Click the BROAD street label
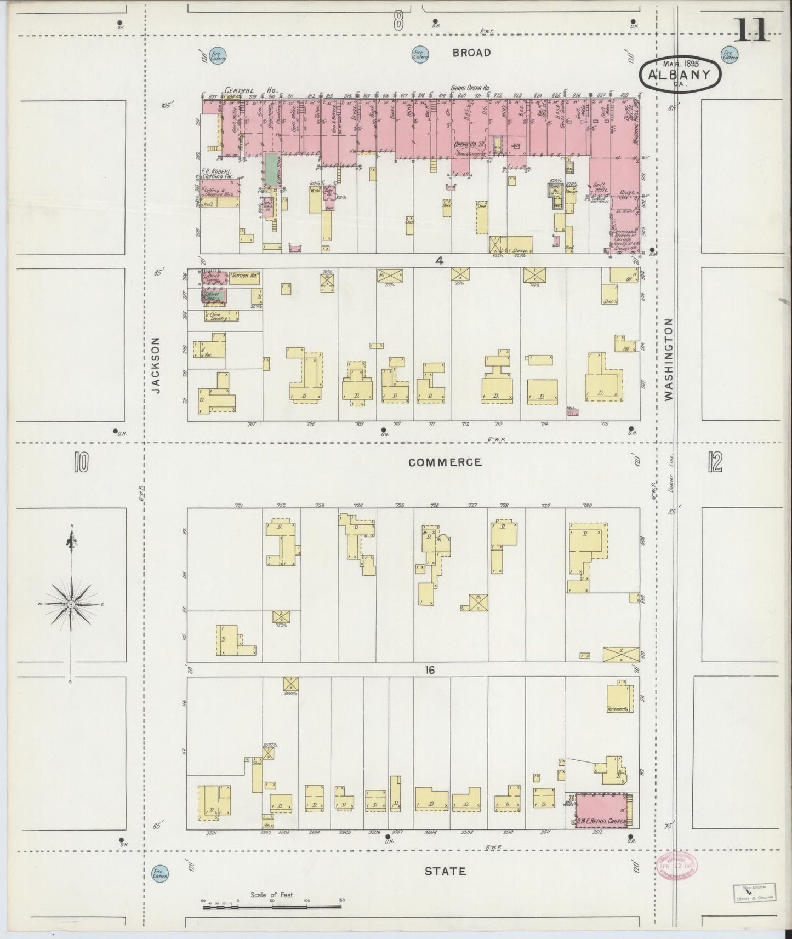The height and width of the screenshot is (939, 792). pyautogui.click(x=471, y=53)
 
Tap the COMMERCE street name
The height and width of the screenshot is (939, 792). pyautogui.click(x=446, y=462)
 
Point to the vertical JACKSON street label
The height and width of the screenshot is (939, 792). pyautogui.click(x=156, y=365)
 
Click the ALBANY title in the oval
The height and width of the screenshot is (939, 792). pyautogui.click(x=680, y=76)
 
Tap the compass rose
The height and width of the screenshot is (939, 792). pyautogui.click(x=71, y=604)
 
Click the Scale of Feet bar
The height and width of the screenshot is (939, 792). pyautogui.click(x=272, y=908)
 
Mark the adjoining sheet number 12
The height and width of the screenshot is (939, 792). pyautogui.click(x=714, y=463)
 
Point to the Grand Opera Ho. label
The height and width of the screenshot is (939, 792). pyautogui.click(x=470, y=88)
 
